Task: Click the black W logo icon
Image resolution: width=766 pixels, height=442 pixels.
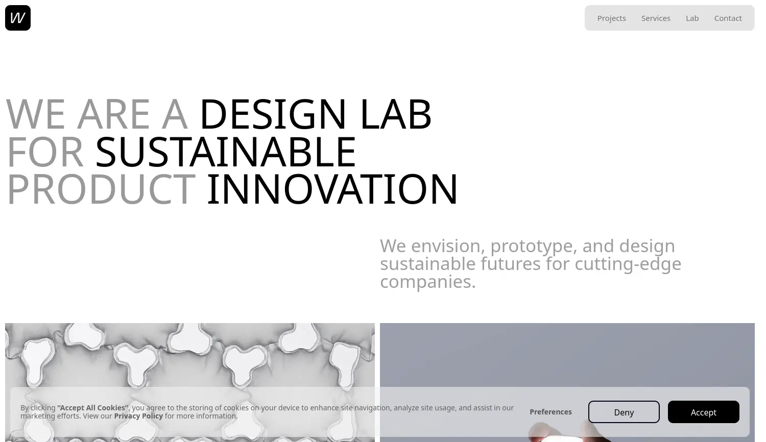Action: [x=18, y=18]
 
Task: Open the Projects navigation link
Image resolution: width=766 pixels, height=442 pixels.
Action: [x=611, y=18]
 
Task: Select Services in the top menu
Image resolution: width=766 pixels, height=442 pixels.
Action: [x=656, y=18]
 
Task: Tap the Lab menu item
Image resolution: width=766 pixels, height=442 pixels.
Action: [x=692, y=18]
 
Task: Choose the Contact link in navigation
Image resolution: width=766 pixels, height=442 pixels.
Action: [x=728, y=18]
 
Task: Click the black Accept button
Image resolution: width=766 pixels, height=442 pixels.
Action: [x=703, y=412]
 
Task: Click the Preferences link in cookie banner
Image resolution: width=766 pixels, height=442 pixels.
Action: [x=550, y=412]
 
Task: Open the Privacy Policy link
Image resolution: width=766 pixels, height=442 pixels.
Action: [x=138, y=416]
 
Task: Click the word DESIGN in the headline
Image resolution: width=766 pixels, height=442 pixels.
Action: [x=273, y=114]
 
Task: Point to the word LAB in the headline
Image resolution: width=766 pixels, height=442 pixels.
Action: [x=396, y=114]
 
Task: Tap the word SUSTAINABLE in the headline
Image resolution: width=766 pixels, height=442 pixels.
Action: [x=225, y=152]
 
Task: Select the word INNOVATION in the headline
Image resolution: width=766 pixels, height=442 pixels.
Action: [x=332, y=189]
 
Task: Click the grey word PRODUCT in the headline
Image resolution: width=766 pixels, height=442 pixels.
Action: [x=101, y=189]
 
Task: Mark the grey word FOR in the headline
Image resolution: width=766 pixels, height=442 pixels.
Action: [x=45, y=152]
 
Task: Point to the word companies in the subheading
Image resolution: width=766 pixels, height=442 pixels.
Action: [x=427, y=281]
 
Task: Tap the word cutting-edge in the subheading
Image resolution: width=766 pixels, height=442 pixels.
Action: [x=628, y=264]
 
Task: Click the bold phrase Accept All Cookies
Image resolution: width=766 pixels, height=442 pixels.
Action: [x=93, y=408]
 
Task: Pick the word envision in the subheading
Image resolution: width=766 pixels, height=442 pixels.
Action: [x=448, y=246]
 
